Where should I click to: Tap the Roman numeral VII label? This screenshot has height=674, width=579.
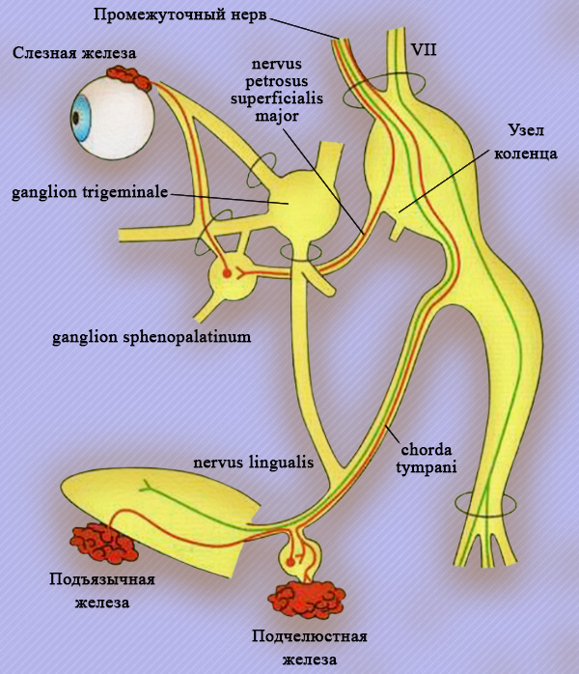pyautogui.click(x=423, y=47)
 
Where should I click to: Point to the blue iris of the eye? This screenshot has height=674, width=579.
pyautogui.click(x=77, y=118)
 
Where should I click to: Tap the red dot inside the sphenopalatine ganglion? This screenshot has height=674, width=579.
pyautogui.click(x=228, y=273)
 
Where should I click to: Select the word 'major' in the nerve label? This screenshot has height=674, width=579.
pyautogui.click(x=278, y=115)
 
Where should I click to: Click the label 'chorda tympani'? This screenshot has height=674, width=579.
pyautogui.click(x=430, y=458)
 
